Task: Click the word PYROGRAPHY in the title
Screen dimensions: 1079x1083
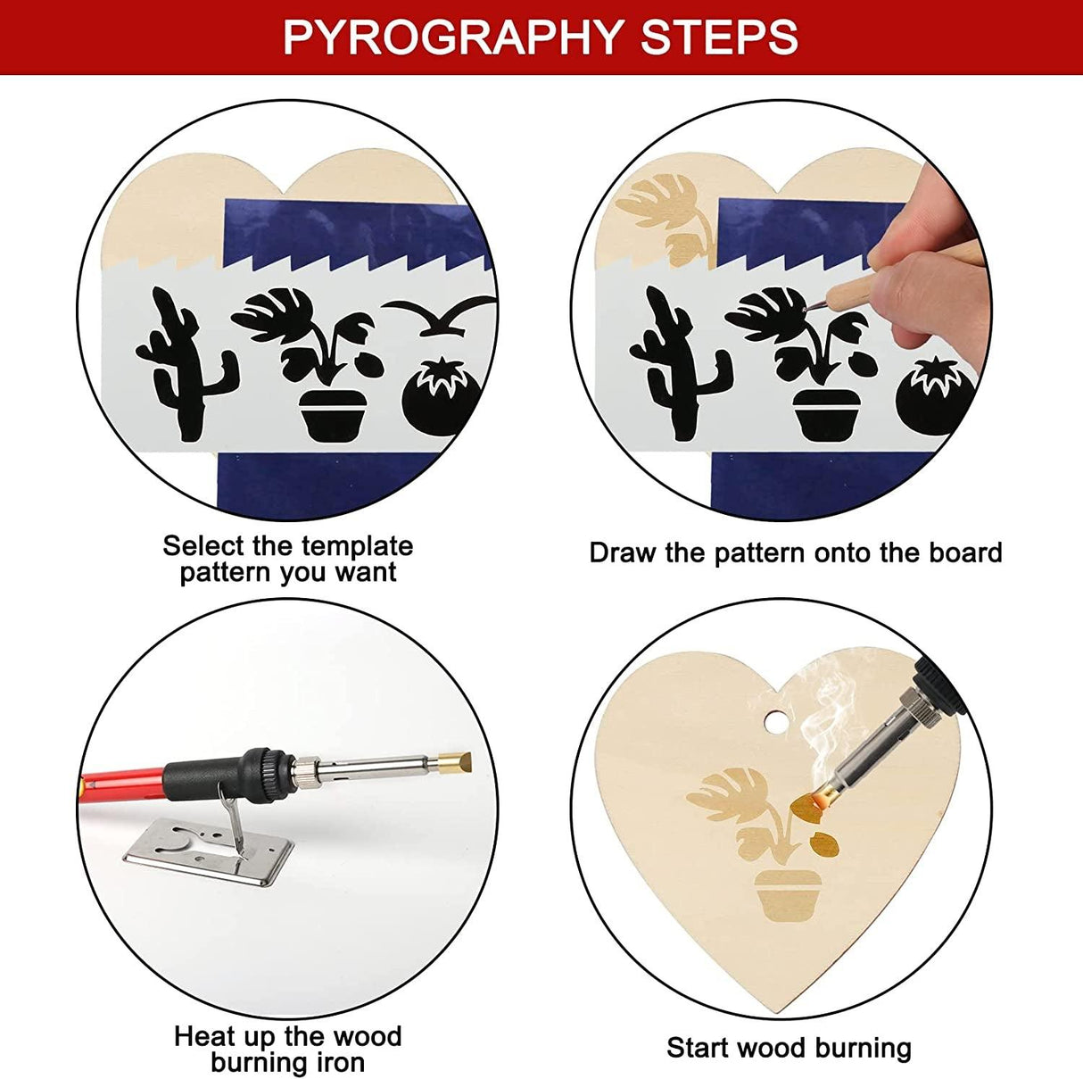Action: point(451,37)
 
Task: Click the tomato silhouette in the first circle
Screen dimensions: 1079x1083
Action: point(441,398)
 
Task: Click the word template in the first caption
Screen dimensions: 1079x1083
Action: point(356,545)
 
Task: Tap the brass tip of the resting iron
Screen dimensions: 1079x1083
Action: point(454,764)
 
